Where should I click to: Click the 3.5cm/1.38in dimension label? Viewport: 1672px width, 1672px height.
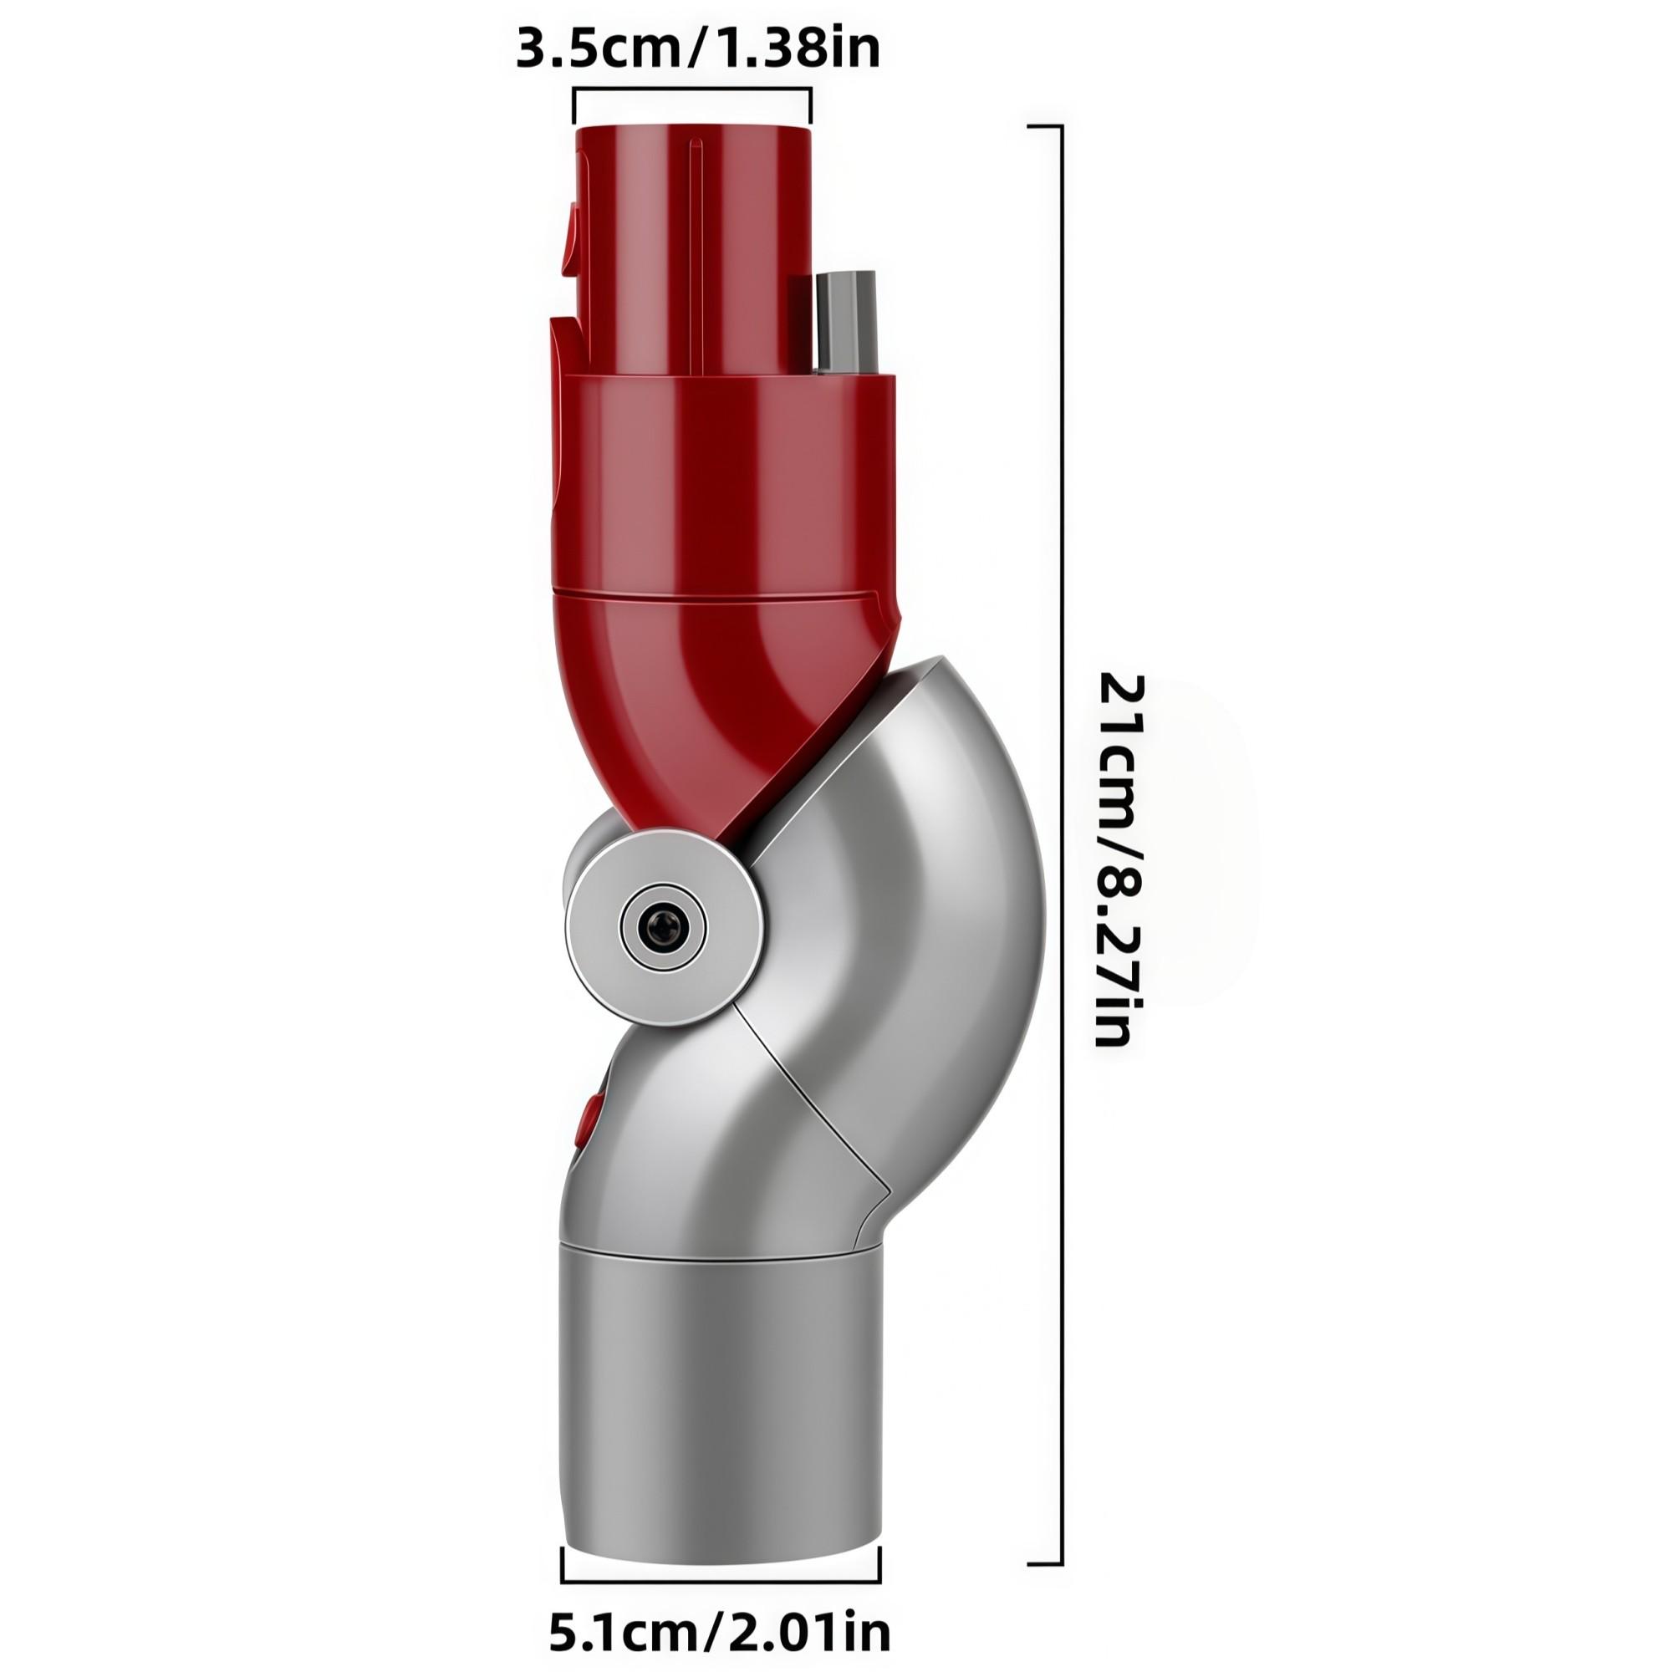[x=697, y=48]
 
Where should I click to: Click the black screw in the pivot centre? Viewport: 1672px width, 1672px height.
[x=662, y=926]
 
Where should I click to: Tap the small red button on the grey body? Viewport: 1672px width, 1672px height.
[x=592, y=1115]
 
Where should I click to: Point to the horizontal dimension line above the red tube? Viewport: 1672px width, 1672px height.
[x=692, y=89]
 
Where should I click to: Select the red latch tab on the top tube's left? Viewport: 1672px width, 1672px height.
[x=569, y=234]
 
